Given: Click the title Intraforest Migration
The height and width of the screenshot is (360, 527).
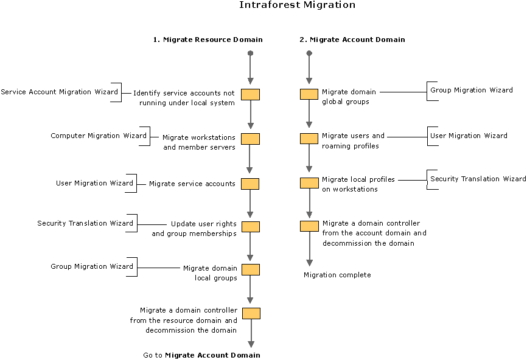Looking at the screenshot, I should tap(297, 5).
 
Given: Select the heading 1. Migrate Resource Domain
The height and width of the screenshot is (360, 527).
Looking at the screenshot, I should tap(208, 40).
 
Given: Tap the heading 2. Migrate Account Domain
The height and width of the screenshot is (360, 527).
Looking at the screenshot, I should tap(352, 40).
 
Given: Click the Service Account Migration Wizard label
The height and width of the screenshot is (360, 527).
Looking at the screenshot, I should tap(60, 92).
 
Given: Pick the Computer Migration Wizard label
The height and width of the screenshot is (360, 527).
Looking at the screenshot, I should tap(99, 136).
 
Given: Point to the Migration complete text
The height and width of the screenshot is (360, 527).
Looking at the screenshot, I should tap(337, 275).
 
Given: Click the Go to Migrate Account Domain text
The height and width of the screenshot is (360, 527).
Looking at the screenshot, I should tap(201, 355).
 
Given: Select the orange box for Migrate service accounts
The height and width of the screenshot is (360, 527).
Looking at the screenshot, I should tap(250, 184).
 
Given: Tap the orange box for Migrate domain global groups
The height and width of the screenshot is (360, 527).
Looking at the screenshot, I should tap(309, 94).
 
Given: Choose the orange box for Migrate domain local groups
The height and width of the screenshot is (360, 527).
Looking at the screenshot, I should tap(250, 269).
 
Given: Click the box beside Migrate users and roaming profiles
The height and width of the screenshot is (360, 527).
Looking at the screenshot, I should tap(309, 139).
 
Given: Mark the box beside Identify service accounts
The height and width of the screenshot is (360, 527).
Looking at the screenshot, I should tap(250, 94).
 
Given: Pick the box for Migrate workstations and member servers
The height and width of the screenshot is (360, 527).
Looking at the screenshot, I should tap(250, 139).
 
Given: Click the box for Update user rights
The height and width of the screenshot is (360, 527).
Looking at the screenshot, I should tap(250, 227).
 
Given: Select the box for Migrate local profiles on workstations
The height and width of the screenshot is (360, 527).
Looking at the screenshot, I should tap(309, 182).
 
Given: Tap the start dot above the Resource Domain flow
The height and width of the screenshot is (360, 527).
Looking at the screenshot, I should tap(250, 54).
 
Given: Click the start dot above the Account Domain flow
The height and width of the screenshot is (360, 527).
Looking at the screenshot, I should tap(309, 54).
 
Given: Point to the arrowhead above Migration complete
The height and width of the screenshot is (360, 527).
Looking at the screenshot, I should tap(309, 262).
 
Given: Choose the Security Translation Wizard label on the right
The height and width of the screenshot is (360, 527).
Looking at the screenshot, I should tap(478, 179).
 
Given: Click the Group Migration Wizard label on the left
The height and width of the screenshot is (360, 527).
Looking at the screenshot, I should tap(92, 266).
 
